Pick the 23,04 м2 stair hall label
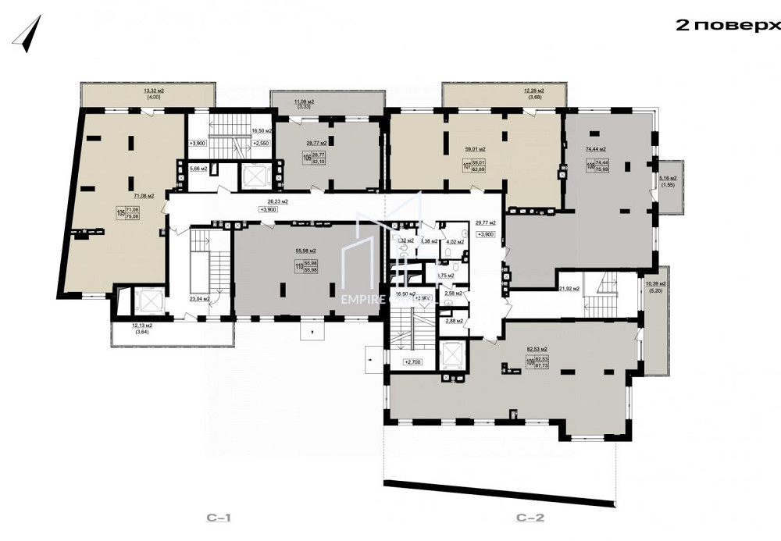tap(201, 297)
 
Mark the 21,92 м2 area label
tap(569, 289)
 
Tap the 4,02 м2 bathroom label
tap(455, 242)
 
